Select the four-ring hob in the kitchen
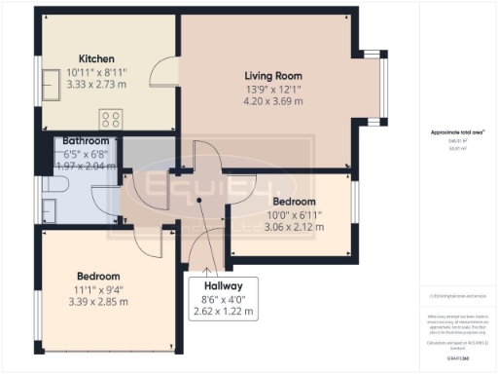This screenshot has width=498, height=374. pyautogui.click(x=109, y=120)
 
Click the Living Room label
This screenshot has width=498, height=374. pyautogui.click(x=272, y=76)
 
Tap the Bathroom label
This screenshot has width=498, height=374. pyautogui.click(x=84, y=141)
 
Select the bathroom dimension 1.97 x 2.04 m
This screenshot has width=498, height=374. pyautogui.click(x=83, y=167)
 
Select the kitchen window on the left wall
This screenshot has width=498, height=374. pyautogui.click(x=44, y=85)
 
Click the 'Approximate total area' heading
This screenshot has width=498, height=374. pyautogui.click(x=457, y=132)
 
